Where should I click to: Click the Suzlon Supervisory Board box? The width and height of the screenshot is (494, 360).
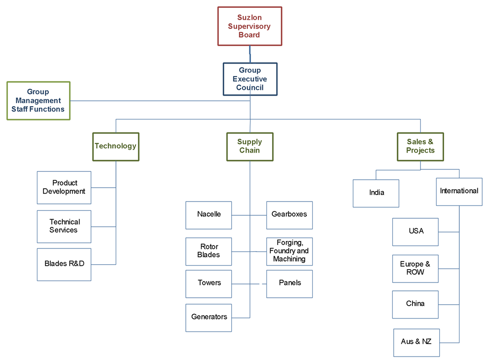(249, 26)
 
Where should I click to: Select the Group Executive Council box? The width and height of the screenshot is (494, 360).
(249, 79)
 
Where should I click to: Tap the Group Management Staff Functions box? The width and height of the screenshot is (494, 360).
(38, 101)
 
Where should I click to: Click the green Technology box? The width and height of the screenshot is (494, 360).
(116, 146)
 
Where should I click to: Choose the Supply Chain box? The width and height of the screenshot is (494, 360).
(249, 146)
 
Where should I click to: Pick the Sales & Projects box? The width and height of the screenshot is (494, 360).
(420, 146)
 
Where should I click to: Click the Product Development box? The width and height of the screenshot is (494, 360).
(64, 188)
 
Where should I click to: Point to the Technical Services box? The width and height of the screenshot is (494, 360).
(64, 226)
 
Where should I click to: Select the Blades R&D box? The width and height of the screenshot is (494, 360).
(64, 264)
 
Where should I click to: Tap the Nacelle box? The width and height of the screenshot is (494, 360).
(208, 215)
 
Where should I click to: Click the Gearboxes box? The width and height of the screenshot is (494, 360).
(289, 215)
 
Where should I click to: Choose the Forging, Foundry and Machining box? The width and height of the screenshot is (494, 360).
(289, 251)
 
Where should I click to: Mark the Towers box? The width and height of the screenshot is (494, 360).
(208, 283)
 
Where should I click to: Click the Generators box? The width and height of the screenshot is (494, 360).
(208, 318)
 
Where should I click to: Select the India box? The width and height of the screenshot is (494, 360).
(376, 193)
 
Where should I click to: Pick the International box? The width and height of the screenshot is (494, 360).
(459, 192)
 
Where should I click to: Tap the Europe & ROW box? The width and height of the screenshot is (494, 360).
(415, 269)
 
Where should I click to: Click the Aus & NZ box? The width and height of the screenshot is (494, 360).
(416, 342)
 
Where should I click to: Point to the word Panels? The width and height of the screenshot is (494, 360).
(289, 283)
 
